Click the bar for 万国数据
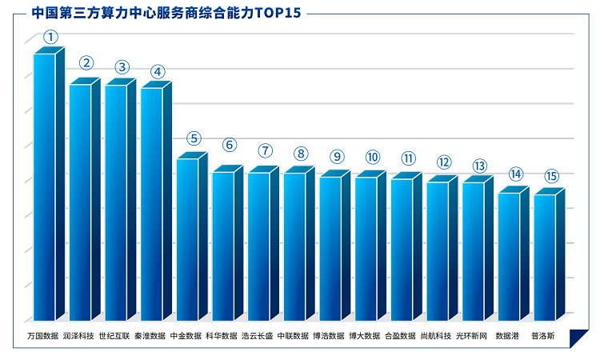tap(49, 184)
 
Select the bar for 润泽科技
tap(85, 199)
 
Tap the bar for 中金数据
tap(192, 236)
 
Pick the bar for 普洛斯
tap(549, 254)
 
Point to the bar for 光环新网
tap(478, 248)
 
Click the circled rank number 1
tap(50, 37)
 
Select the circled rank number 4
tap(158, 72)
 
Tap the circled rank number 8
tap(301, 154)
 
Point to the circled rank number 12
tap(444, 162)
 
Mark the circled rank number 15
tap(551, 176)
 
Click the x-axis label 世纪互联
tap(114, 336)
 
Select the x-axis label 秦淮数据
tap(150, 336)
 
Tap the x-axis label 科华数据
tap(222, 336)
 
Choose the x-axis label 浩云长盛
tap(257, 336)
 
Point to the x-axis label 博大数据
tap(364, 336)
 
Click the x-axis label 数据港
tap(507, 336)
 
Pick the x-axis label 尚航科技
tap(436, 336)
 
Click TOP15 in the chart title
tap(278, 13)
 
